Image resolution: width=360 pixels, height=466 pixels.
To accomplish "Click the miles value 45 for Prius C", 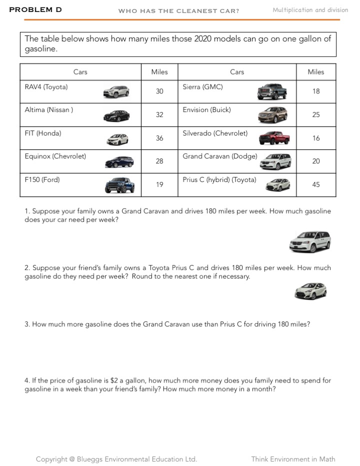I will pos(316,184).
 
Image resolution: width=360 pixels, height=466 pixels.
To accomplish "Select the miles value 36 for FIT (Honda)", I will pos(159,138).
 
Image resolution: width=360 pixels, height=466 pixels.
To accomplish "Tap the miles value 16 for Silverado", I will pos(316,138).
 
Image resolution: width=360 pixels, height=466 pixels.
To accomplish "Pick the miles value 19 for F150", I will pos(159,184).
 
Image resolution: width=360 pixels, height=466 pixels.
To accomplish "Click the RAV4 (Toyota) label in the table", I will pos(46,87).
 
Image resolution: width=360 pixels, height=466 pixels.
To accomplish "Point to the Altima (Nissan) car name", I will pos(49,110).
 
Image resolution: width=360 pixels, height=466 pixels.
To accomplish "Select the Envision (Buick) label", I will pos(206,110).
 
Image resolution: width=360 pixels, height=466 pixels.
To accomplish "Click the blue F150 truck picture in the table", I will pos(119,185).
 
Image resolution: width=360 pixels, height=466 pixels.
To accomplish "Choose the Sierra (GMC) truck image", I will pos(272,91).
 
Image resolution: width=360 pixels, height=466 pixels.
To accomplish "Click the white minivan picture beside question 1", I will pos(310,241).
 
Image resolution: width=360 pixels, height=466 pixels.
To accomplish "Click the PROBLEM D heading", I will pos(35,9).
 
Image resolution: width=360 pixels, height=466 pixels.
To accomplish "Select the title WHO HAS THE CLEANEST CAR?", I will pos(178,10).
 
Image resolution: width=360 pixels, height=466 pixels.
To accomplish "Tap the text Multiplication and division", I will pos(310,10).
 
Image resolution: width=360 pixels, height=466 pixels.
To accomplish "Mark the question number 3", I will pos(27,324).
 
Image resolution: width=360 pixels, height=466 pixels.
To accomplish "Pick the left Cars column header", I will pos(80,72).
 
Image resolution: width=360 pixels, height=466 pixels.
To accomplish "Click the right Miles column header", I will pos(316,72).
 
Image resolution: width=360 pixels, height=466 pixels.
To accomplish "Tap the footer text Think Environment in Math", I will pos(293,459).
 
